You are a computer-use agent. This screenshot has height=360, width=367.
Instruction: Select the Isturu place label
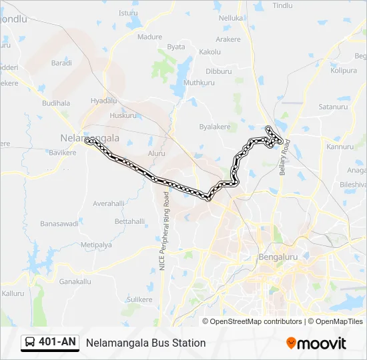pyautogui.click(x=128, y=13)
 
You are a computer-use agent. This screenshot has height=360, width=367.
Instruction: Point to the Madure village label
pyautogui.click(x=149, y=37)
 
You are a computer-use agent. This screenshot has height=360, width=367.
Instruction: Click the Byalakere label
pyautogui.click(x=215, y=126)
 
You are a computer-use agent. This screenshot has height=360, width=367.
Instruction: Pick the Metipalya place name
pyautogui.click(x=96, y=245)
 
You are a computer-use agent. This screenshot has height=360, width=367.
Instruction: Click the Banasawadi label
pyautogui.click(x=59, y=223)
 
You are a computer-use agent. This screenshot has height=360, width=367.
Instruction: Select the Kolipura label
pyautogui.click(x=344, y=70)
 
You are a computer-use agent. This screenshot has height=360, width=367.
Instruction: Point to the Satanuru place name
pyautogui.click(x=334, y=106)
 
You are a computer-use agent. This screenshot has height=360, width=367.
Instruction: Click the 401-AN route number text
pyautogui.click(x=57, y=343)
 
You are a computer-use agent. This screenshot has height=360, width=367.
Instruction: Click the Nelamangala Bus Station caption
pyautogui.click(x=145, y=343)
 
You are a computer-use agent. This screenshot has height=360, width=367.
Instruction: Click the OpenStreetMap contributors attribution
pyautogui.click(x=256, y=321)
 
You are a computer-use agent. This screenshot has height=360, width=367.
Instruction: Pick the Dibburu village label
pyautogui.click(x=218, y=71)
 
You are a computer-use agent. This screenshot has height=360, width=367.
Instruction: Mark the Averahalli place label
pyautogui.click(x=109, y=203)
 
